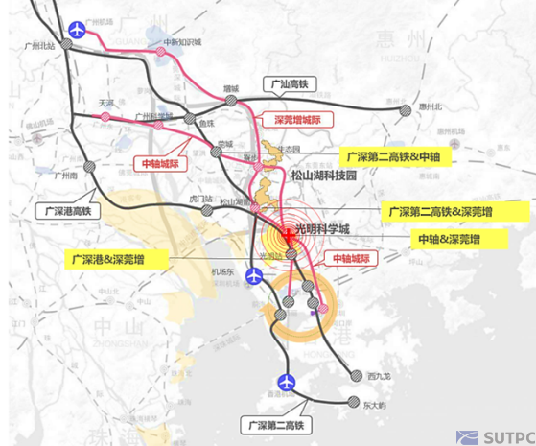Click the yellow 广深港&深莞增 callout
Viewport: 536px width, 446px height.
coord(118,258)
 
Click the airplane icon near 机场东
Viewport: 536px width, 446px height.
coord(254,277)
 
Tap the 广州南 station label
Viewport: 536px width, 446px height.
coord(65,176)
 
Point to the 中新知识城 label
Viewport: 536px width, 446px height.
coord(181,41)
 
